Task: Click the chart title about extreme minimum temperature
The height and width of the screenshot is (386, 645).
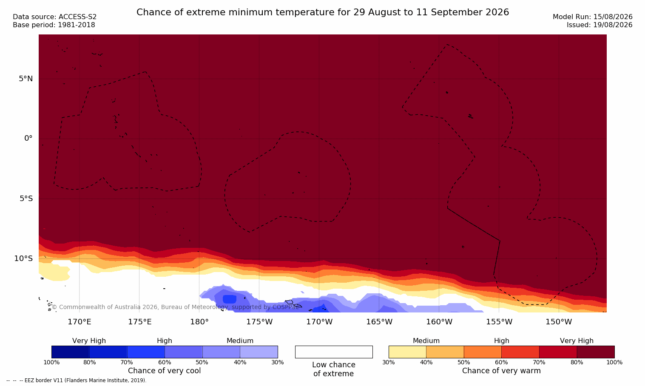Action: click(322, 12)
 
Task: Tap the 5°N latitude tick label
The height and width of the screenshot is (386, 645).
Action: click(26, 79)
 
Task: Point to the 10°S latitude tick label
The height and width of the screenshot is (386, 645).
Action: click(24, 258)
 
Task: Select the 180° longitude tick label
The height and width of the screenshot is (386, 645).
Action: click(199, 321)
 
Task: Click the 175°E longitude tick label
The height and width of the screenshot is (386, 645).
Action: click(139, 321)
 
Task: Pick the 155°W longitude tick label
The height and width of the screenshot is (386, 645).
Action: click(499, 321)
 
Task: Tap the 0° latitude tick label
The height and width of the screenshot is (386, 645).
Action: click(28, 139)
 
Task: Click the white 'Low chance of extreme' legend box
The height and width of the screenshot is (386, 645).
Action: click(334, 352)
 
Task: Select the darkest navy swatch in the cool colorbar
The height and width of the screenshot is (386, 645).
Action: click(70, 352)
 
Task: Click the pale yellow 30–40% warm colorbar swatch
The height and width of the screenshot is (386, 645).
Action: click(407, 352)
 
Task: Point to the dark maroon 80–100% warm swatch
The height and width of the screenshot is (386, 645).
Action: click(596, 352)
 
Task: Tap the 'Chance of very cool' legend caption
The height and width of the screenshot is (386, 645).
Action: click(165, 371)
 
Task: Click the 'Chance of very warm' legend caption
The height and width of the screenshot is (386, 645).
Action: click(501, 371)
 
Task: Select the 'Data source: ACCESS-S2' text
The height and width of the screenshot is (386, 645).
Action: click(55, 17)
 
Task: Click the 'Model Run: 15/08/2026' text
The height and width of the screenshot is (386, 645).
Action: click(593, 17)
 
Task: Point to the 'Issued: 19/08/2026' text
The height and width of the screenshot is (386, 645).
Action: click(600, 25)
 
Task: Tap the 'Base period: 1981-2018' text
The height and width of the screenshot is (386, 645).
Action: click(54, 25)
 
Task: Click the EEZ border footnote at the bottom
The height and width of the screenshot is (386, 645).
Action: click(76, 380)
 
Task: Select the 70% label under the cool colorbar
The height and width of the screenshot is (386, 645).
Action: click(127, 362)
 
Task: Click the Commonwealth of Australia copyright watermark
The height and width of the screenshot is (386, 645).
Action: click(175, 307)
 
